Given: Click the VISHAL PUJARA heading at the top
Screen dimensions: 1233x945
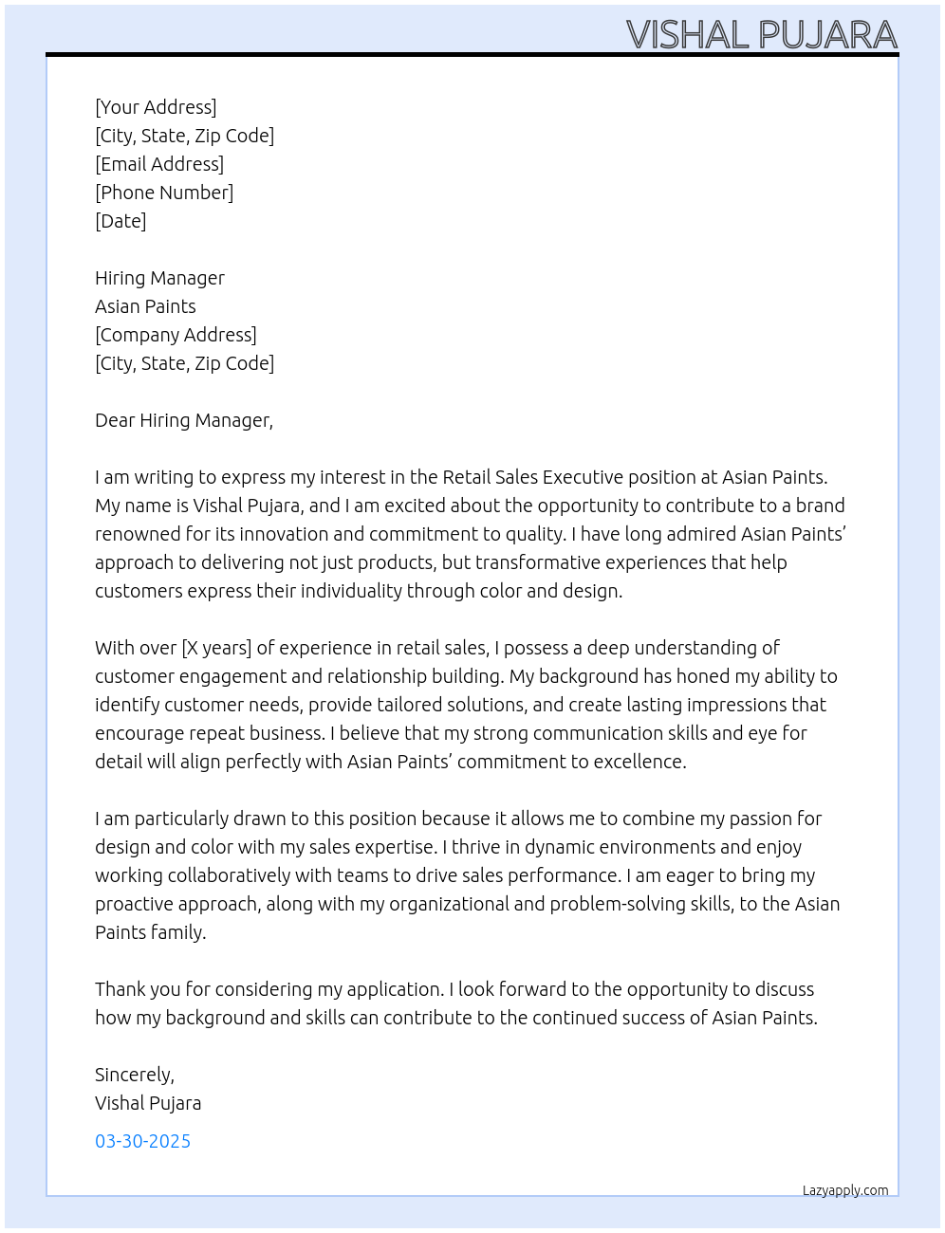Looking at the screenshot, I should click(x=761, y=35).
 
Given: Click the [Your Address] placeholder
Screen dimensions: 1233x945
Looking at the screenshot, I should click(x=156, y=107).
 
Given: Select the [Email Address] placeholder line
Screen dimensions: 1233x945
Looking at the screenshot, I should click(x=159, y=164).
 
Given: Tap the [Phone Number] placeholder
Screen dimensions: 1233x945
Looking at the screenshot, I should click(x=164, y=193).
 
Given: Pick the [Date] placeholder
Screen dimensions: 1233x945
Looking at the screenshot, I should click(x=120, y=221).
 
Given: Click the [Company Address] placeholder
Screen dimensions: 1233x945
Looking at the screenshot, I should click(x=176, y=335).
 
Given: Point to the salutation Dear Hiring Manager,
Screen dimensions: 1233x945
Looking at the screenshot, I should click(x=184, y=420).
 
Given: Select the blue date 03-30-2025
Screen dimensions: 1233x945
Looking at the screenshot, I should click(x=142, y=1141).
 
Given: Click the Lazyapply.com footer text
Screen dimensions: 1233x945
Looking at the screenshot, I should click(x=845, y=1190).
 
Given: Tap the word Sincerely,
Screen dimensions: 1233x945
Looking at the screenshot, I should click(x=135, y=1075).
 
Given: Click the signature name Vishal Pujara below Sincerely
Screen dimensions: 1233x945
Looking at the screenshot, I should click(x=148, y=1103).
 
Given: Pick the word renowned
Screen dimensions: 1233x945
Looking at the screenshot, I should click(x=138, y=534).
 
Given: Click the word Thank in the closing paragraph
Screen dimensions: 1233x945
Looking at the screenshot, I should click(x=120, y=989).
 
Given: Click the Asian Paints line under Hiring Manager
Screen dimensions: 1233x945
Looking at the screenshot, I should click(x=145, y=306).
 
